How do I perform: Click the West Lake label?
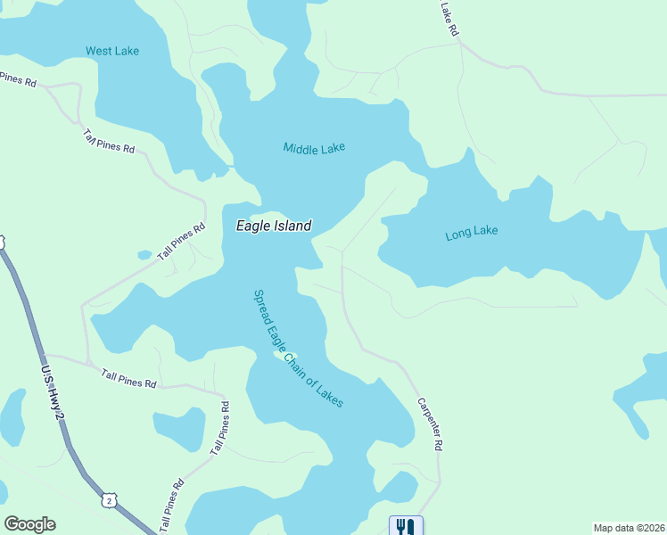point(112,51)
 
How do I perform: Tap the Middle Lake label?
point(314,148)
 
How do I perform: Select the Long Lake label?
point(471,234)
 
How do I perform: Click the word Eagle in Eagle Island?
point(251,226)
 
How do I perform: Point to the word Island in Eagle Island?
point(291,226)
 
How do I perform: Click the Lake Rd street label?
point(449,19)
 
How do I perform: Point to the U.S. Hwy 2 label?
point(53,392)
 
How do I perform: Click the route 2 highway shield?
point(109,501)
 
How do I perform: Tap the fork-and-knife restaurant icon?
point(406,526)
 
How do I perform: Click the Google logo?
point(29,524)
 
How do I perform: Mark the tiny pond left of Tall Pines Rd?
point(144,255)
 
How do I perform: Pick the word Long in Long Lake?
point(457,235)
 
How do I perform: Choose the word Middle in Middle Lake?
point(301,148)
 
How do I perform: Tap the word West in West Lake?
point(98,51)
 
